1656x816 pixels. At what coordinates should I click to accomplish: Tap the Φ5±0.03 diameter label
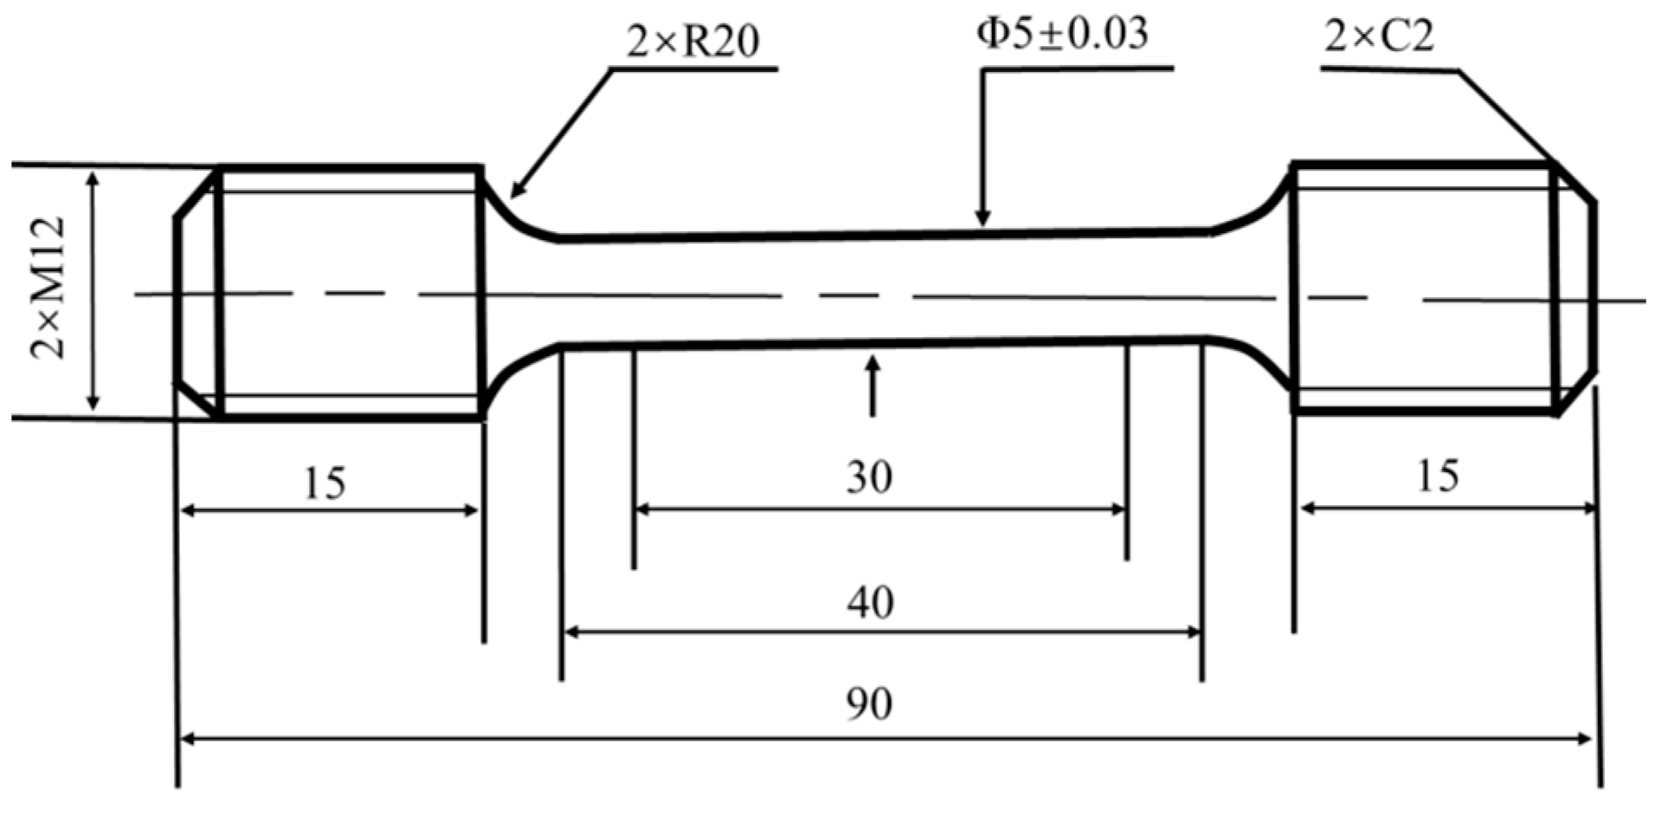1062,35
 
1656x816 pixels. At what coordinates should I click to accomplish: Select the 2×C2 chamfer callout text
1379,36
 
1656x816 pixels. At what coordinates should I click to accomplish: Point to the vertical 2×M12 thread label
48,288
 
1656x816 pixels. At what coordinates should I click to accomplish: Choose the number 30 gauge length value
869,477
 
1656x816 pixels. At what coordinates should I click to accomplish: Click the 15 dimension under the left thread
325,483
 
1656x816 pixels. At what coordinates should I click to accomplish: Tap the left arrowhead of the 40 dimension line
572,632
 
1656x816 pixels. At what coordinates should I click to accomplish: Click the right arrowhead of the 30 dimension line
1118,509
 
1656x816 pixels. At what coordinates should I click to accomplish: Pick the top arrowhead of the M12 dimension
94,178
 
